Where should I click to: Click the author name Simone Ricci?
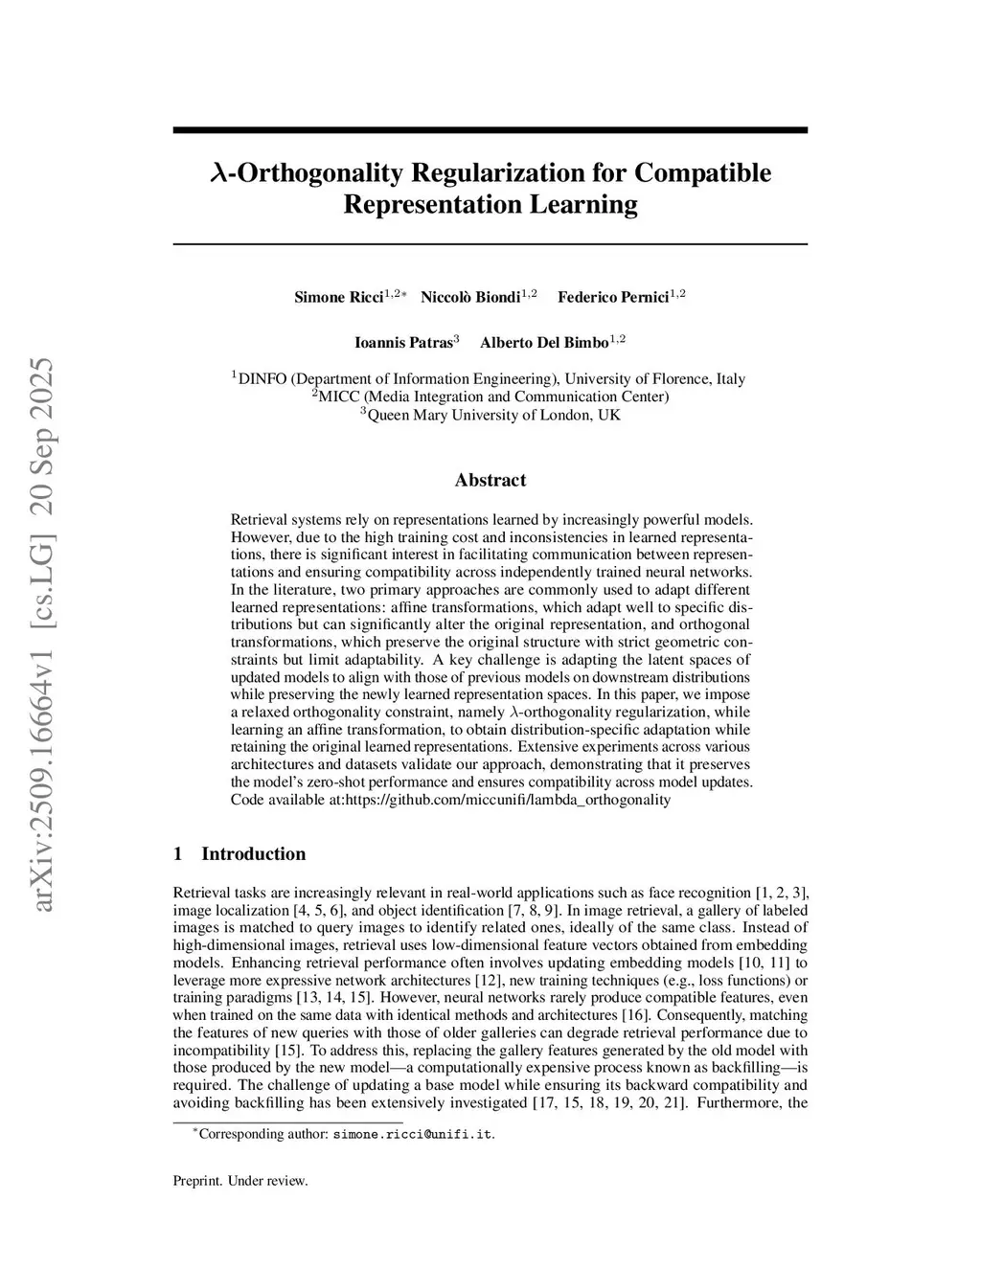pyautogui.click(x=338, y=297)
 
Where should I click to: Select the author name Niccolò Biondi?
pyautogui.click(x=470, y=297)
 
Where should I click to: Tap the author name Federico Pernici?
pyautogui.click(x=613, y=297)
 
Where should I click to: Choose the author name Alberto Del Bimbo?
pyautogui.click(x=544, y=342)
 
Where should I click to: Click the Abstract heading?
pyautogui.click(x=490, y=480)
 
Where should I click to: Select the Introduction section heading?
pyautogui.click(x=253, y=853)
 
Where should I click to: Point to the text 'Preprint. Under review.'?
pyautogui.click(x=240, y=1181)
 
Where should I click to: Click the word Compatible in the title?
pyautogui.click(x=703, y=173)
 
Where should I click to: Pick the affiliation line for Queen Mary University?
pyautogui.click(x=490, y=415)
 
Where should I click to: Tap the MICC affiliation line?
pyautogui.click(x=490, y=397)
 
